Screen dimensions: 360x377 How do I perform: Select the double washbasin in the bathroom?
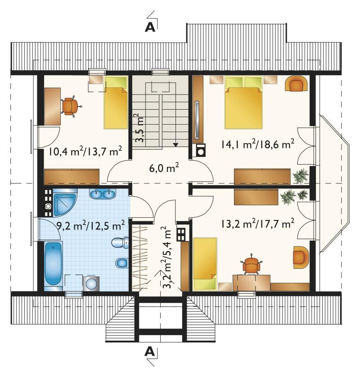tap(103, 194)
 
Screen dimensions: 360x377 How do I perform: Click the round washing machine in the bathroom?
tap(91, 284)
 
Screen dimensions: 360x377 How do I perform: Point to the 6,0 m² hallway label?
tap(164, 168)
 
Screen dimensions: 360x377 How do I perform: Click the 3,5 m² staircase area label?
tap(139, 128)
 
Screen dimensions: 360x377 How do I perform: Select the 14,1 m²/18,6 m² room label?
tap(257, 144)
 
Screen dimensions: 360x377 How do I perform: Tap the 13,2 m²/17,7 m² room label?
tap(257, 224)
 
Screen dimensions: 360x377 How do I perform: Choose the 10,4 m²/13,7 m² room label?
tap(85, 151)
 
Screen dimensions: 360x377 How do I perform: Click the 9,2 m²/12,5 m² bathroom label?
tap(90, 225)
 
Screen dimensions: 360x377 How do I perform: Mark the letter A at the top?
tap(150, 27)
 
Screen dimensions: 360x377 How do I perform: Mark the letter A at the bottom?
tap(150, 352)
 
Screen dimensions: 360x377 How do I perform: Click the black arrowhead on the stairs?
tap(176, 144)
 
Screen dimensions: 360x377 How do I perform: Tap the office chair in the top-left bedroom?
tap(70, 106)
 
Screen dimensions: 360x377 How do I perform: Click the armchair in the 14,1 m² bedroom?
tap(296, 83)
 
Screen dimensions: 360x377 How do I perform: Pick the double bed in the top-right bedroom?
tap(243, 103)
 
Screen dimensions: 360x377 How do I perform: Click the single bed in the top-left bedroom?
tap(116, 103)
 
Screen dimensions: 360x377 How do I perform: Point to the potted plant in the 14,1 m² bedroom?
tap(301, 176)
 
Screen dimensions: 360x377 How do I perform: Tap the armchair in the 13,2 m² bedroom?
tap(301, 257)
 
